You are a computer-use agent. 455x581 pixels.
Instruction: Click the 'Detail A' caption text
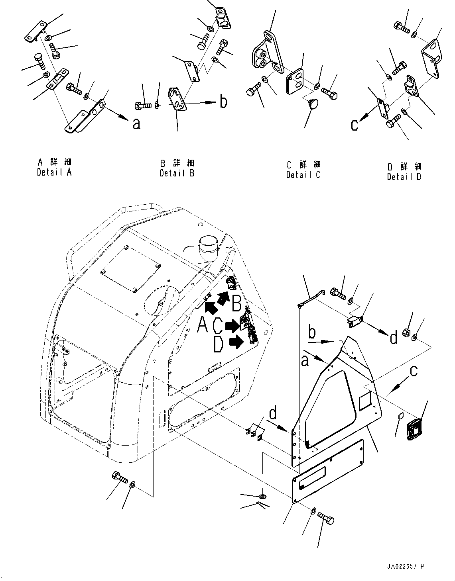pos(54,172)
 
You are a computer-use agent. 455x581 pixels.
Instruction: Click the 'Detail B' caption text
pos(177,173)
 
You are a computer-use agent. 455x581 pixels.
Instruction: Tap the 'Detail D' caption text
pos(404,176)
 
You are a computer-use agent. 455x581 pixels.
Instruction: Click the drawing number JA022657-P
pos(405,566)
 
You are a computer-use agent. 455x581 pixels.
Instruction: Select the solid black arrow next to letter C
pos(231,326)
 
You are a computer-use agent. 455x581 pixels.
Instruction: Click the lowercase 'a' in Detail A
pos(136,124)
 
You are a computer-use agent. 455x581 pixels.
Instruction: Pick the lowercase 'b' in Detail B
pos(224,102)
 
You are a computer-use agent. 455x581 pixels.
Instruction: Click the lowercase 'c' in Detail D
pos(354,125)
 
